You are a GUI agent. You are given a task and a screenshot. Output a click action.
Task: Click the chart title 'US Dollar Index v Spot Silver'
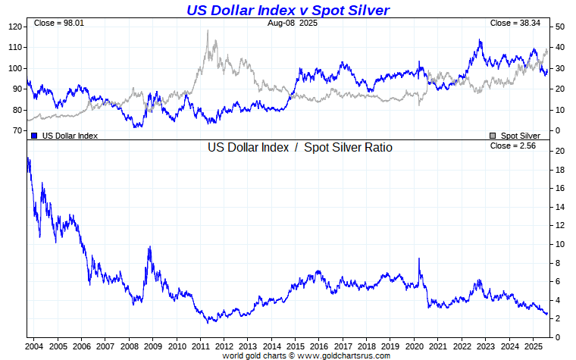click(x=288, y=10)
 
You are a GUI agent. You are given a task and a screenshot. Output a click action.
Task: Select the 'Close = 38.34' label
click(x=515, y=23)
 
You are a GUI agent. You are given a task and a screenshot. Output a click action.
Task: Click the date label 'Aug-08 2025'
click(x=293, y=23)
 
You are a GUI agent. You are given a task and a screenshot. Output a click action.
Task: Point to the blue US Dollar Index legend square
click(x=34, y=136)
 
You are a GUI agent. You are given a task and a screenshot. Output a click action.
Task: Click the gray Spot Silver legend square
click(x=493, y=136)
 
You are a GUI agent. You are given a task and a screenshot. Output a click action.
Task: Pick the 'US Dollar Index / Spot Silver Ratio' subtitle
click(x=300, y=148)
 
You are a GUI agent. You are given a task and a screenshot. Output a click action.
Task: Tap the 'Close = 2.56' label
click(x=513, y=146)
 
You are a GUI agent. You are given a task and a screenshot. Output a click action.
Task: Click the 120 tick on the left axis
click(x=14, y=27)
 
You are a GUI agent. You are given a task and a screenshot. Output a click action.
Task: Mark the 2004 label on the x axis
click(x=35, y=347)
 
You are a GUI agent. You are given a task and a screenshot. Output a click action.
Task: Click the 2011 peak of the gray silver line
click(x=207, y=31)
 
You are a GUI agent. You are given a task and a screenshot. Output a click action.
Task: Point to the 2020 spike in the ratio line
click(x=419, y=259)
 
